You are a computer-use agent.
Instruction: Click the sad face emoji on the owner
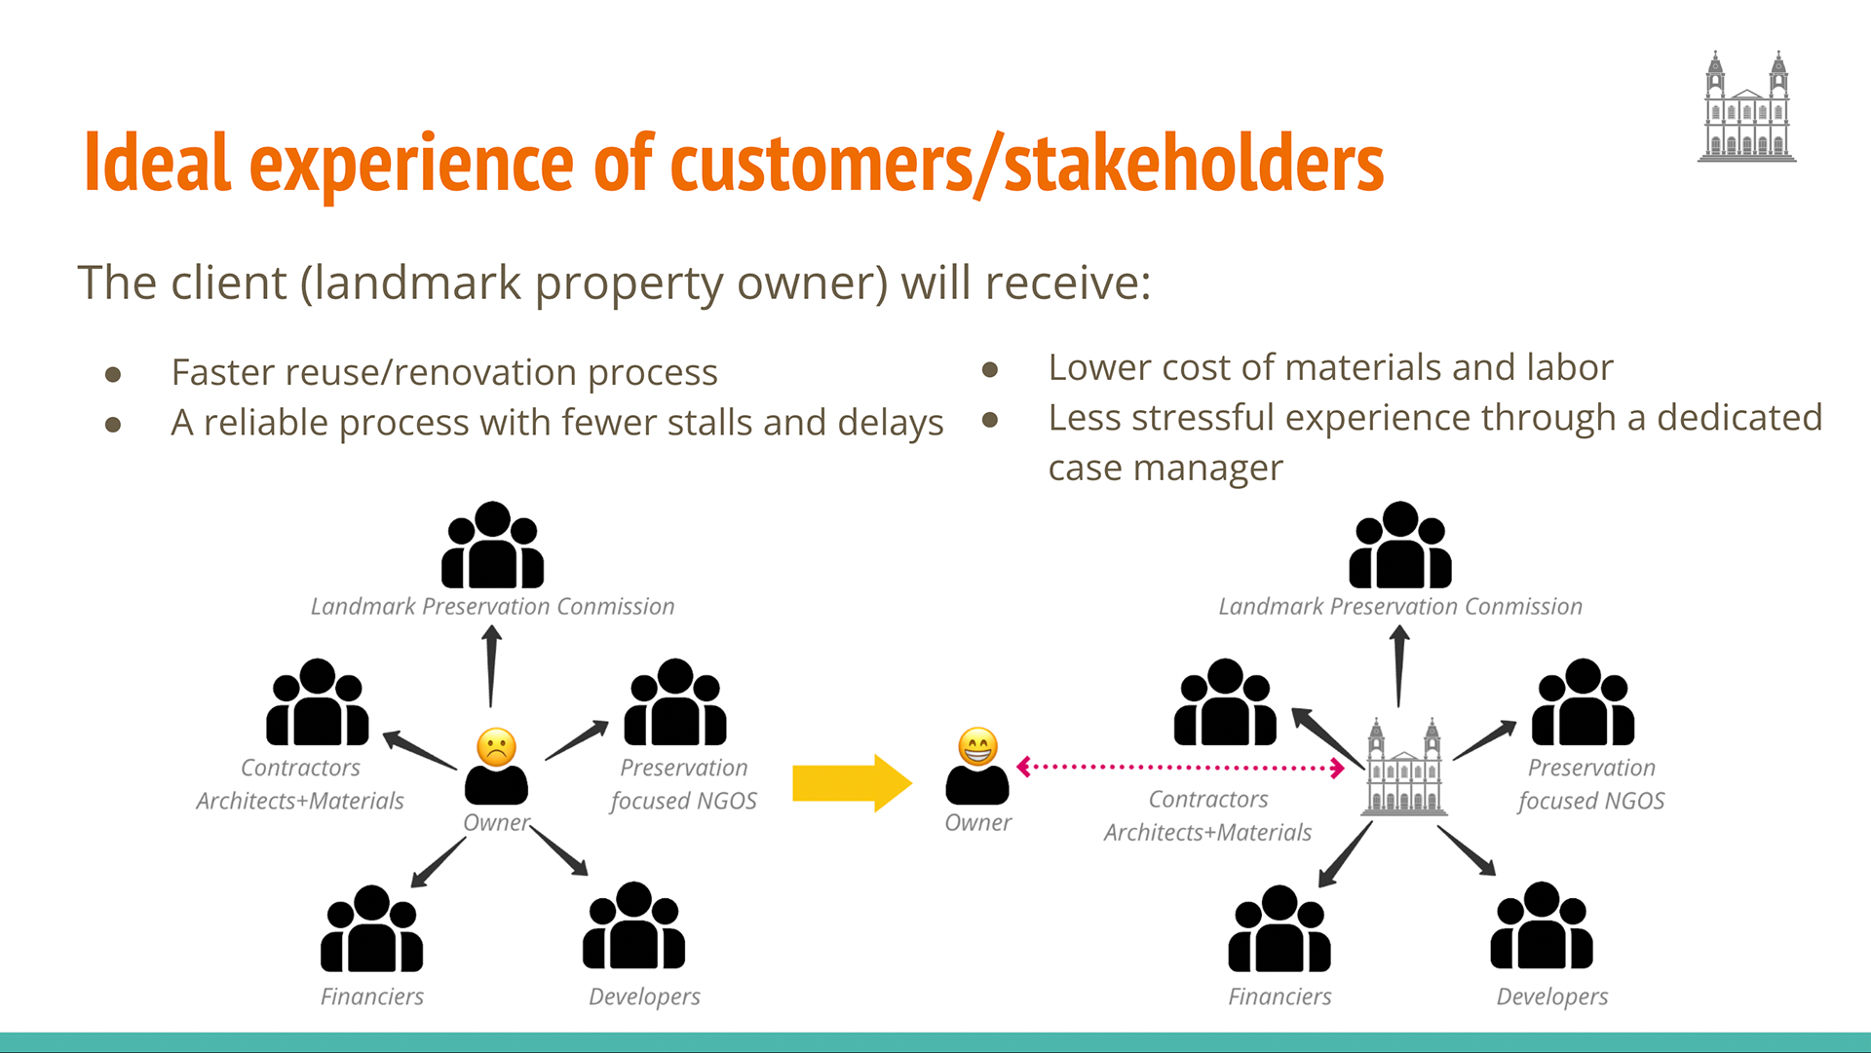(x=496, y=747)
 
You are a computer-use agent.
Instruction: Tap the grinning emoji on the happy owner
(x=977, y=747)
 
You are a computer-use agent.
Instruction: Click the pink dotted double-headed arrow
(x=1180, y=768)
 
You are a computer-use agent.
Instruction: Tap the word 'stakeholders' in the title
(x=1194, y=164)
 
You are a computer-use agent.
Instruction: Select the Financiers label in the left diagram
(x=372, y=997)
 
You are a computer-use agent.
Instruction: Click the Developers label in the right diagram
(x=1551, y=997)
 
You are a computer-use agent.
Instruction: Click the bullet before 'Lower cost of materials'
(x=990, y=369)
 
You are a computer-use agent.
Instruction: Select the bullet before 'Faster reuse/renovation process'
(x=113, y=374)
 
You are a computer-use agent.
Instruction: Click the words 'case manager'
(x=1165, y=469)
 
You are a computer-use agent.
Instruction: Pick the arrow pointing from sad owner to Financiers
(x=438, y=862)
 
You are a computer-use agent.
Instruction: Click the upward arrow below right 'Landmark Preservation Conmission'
(x=1399, y=665)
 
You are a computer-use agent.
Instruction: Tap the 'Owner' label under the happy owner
(x=977, y=823)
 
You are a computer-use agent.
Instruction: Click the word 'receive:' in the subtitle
(x=1067, y=283)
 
